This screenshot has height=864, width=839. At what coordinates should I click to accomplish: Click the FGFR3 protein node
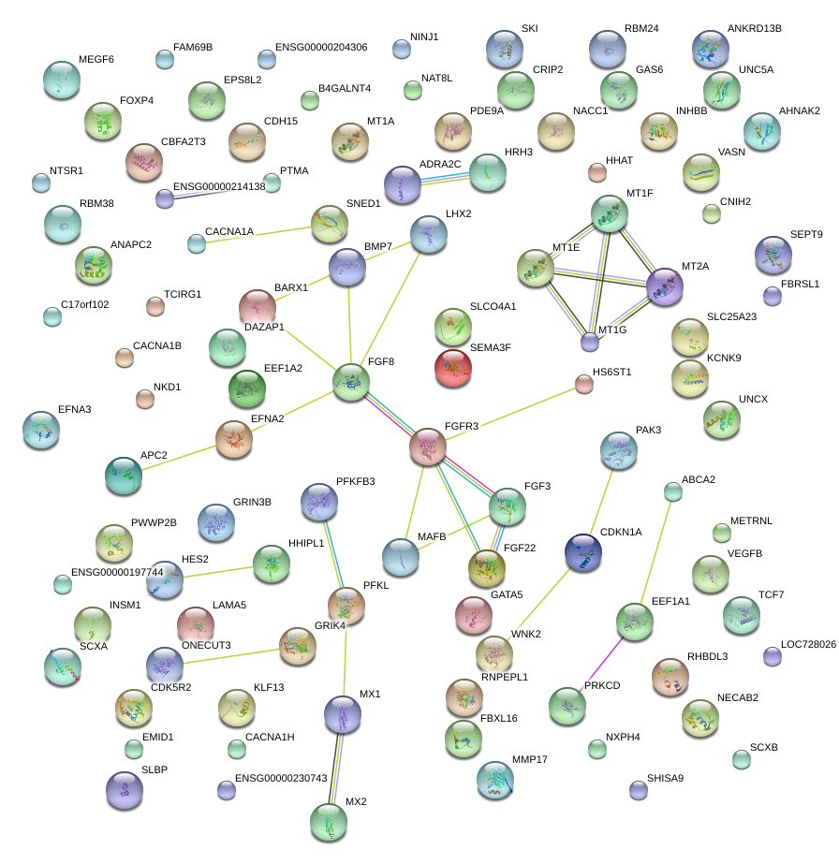point(428,447)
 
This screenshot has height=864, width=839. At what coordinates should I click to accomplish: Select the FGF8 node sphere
point(351,382)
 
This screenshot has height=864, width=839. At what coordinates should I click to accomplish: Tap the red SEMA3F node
point(453,368)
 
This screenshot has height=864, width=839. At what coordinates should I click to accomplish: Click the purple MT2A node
point(664,286)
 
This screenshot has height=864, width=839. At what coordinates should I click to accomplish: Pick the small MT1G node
point(590,343)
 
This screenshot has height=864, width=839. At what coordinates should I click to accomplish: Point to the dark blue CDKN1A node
point(583,552)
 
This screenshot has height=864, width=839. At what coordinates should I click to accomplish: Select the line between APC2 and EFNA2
point(179,459)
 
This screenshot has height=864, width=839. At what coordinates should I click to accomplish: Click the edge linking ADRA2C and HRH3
point(446,178)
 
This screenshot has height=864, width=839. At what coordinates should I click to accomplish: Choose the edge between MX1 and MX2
point(336,769)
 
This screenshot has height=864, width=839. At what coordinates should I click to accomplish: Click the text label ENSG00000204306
point(321,48)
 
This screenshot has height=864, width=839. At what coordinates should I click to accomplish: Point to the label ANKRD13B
point(754,29)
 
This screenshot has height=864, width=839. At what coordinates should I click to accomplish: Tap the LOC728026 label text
point(808,644)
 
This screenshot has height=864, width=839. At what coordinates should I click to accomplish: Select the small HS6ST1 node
point(584,384)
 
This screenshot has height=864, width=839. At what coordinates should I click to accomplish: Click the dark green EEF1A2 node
point(247,388)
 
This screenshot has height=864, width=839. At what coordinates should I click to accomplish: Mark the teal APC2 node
point(124,476)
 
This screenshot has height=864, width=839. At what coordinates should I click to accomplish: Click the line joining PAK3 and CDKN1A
point(601,502)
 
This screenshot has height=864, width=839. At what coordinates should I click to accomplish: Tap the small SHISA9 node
point(639,790)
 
